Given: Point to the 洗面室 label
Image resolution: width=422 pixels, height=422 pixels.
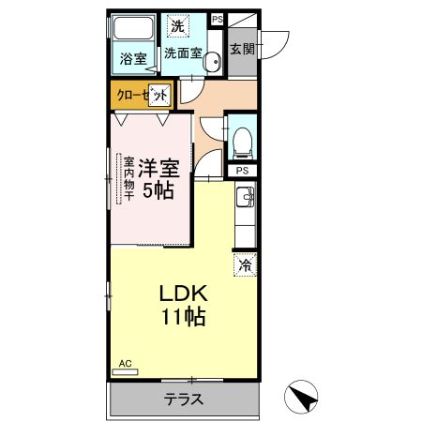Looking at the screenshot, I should [183, 53].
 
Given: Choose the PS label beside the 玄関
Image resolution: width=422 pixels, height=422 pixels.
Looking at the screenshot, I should [218, 19].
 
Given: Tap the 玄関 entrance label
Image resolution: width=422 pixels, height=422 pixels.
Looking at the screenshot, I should [242, 49].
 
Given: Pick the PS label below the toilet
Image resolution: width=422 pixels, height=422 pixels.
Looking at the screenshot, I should [242, 170].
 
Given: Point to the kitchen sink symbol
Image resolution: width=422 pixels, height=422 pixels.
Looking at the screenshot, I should [246, 196].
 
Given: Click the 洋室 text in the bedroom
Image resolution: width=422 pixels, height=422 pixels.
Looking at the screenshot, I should [160, 169].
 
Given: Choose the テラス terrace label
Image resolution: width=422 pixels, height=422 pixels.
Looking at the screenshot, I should [184, 399].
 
